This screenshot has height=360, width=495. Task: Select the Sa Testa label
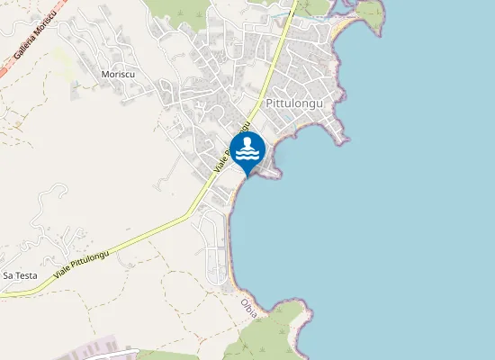[x=20, y=274]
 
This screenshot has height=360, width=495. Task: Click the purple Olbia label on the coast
[x=249, y=307]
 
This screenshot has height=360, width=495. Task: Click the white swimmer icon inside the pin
[x=247, y=148]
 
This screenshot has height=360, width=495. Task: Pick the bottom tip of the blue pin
[x=247, y=175]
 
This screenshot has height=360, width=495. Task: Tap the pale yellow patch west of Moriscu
[x=63, y=59]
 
